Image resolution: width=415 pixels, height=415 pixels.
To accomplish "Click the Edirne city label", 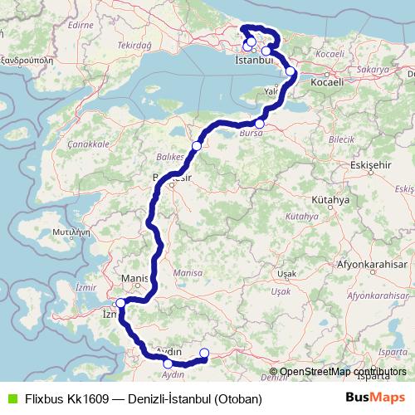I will click(x=81, y=25).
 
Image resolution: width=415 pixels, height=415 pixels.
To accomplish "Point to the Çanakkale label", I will click(x=93, y=144).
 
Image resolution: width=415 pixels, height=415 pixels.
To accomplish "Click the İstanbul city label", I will click(x=254, y=61).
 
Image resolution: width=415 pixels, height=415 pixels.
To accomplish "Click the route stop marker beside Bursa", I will click(x=260, y=124).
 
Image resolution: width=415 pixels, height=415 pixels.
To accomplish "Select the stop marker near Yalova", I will click(x=290, y=71).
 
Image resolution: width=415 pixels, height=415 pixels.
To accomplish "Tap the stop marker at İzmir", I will click(x=120, y=303).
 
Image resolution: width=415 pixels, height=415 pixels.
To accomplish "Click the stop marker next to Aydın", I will click(x=168, y=364).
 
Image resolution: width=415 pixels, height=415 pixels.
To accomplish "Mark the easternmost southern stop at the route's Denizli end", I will click(x=204, y=354).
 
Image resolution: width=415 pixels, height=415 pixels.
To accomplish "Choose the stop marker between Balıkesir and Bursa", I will click(x=197, y=146).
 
